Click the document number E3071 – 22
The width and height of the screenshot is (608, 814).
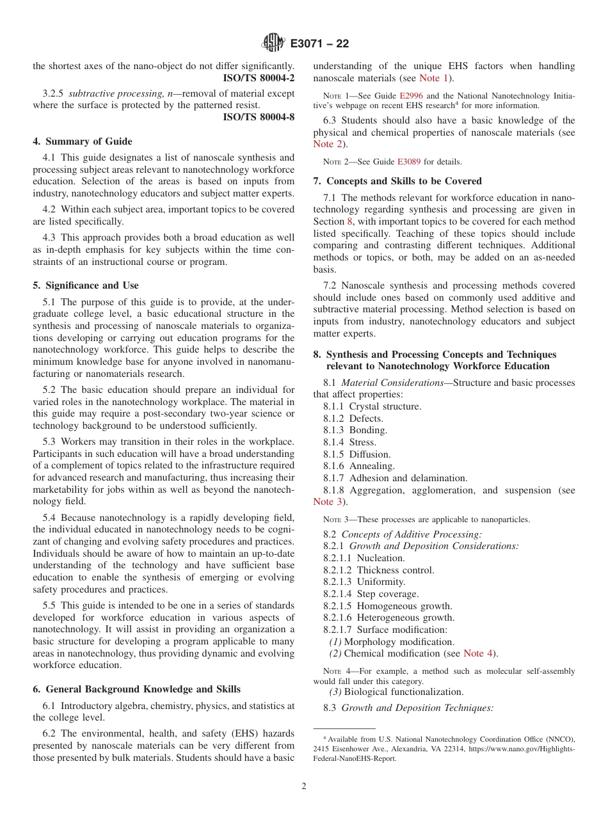(x=319, y=44)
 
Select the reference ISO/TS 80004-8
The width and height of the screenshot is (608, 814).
(x=259, y=116)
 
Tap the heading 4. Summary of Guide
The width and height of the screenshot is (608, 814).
(x=83, y=141)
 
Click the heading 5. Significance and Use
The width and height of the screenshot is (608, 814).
(x=86, y=285)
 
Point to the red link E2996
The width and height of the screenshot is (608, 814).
(x=410, y=95)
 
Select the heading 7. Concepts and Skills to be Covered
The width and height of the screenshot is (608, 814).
(x=397, y=181)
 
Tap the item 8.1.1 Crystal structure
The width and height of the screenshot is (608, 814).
(x=372, y=406)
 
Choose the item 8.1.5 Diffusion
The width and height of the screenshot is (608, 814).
(x=356, y=454)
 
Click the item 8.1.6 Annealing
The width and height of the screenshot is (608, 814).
(x=359, y=466)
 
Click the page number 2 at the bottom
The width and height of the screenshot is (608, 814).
(x=304, y=786)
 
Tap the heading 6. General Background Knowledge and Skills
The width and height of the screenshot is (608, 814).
(x=137, y=689)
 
